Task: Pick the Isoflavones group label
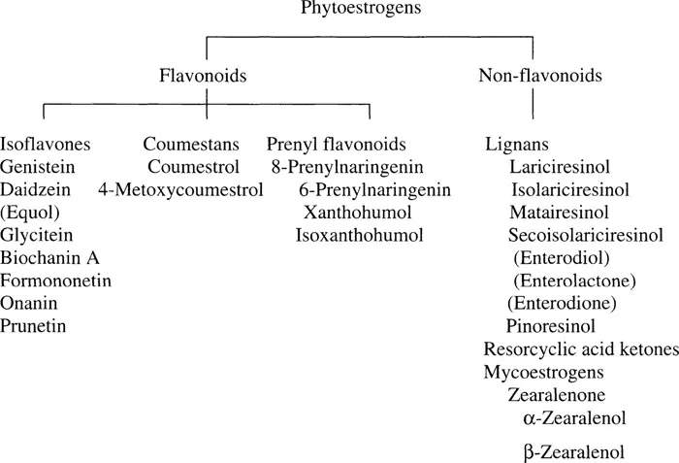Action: (47, 146)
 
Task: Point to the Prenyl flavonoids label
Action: (336, 146)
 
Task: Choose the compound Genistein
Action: (38, 167)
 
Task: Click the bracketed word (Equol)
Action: (31, 212)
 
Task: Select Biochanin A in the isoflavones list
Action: (50, 257)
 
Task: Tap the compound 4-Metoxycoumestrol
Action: (180, 189)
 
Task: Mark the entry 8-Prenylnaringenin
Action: (342, 167)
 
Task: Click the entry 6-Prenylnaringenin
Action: (374, 189)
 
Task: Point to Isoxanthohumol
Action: (359, 235)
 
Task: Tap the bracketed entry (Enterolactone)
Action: (574, 281)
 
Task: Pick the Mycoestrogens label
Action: (543, 372)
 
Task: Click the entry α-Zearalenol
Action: (573, 417)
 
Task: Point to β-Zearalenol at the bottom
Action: (573, 451)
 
